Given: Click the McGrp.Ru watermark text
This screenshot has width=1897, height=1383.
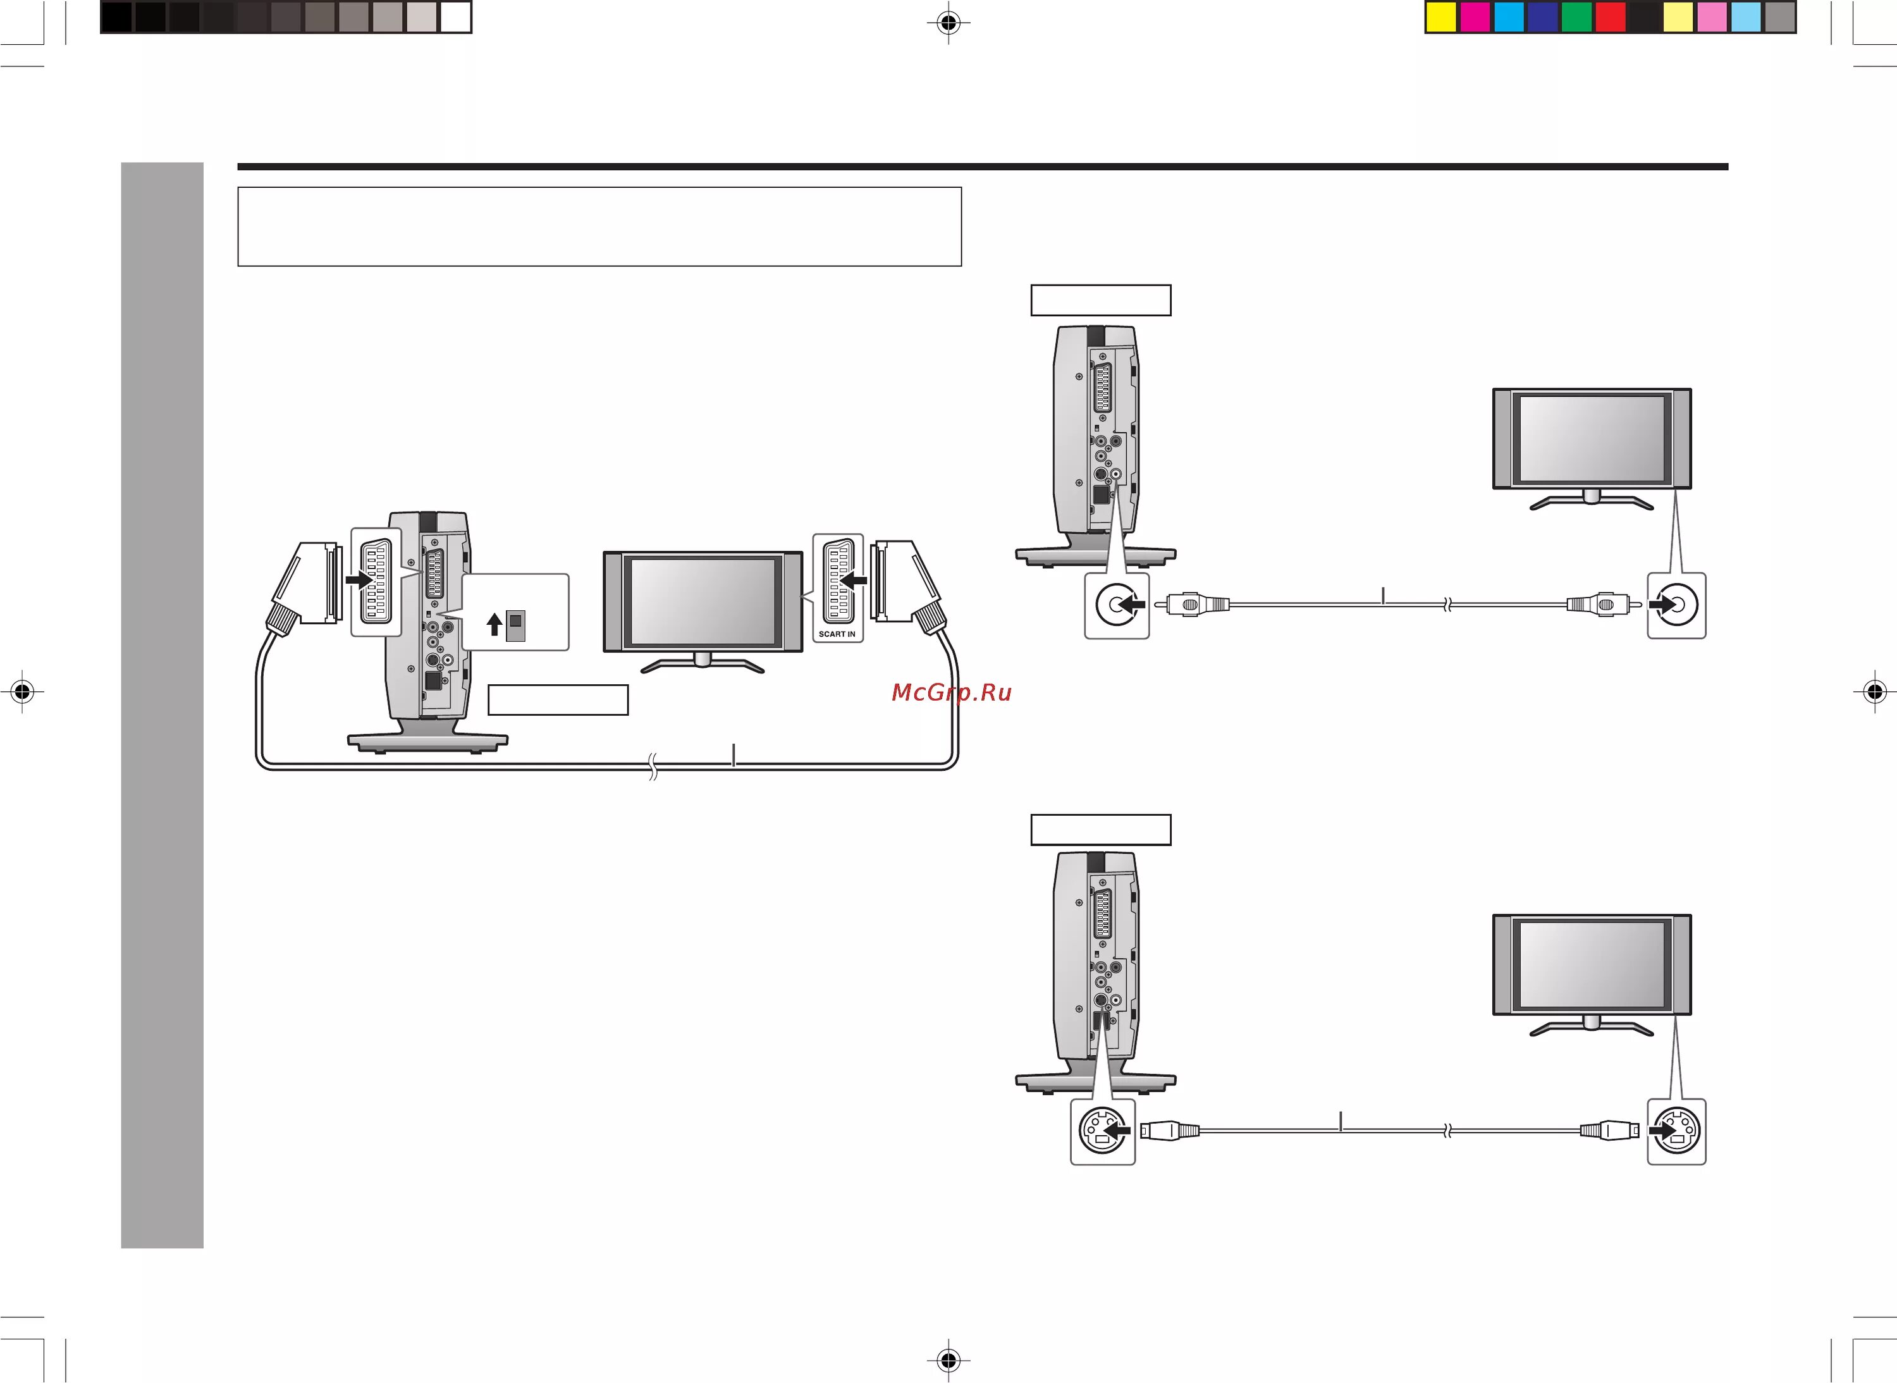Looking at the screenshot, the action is click(x=951, y=692).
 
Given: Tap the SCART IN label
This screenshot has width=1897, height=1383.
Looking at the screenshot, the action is click(x=837, y=634).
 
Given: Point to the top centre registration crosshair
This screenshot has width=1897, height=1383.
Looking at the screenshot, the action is click(x=948, y=23).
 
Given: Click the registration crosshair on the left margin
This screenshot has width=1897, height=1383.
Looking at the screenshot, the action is click(x=23, y=692).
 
